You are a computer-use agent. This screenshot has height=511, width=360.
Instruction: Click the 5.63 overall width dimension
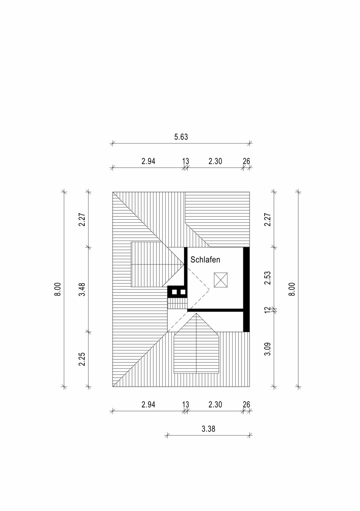(181, 137)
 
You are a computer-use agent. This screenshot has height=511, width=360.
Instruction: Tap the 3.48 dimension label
(82, 289)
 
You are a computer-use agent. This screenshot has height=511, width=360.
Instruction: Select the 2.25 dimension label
(82, 359)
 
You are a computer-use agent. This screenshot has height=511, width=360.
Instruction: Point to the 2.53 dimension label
(267, 278)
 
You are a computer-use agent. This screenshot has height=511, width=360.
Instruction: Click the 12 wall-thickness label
(267, 310)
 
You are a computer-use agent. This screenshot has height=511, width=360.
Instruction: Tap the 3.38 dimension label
(208, 429)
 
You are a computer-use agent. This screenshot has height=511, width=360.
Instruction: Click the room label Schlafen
(205, 260)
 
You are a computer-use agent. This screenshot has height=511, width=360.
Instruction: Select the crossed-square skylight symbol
(221, 280)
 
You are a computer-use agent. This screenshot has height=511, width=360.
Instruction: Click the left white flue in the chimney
(174, 292)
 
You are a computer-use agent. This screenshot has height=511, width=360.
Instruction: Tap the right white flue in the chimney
(183, 292)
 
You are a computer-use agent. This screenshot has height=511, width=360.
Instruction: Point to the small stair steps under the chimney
(177, 303)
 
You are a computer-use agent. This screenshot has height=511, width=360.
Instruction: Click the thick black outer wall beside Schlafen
(246, 290)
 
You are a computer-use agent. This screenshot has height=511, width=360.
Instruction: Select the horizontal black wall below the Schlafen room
(215, 310)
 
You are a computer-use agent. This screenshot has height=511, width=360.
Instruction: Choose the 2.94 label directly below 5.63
(148, 161)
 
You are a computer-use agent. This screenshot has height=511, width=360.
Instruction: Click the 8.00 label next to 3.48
(58, 289)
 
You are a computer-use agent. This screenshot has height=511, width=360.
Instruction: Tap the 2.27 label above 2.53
(267, 220)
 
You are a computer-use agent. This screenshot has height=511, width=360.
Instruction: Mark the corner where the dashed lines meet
(210, 290)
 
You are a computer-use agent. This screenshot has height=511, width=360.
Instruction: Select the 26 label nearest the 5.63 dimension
(246, 161)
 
